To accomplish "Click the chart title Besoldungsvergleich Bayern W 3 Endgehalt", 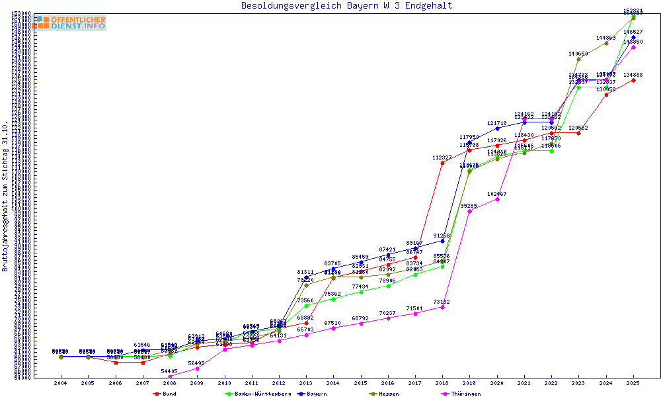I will pyautogui.click(x=347, y=6).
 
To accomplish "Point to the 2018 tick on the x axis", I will pyautogui.click(x=442, y=383).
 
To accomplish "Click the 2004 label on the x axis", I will pyautogui.click(x=61, y=383).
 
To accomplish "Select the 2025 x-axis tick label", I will pyautogui.click(x=633, y=383).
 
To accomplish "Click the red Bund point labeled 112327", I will pyautogui.click(x=442, y=163).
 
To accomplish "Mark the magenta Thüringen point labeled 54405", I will pyautogui.click(x=170, y=376).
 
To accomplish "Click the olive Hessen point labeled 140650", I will pyautogui.click(x=578, y=59).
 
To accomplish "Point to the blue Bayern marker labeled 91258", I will pyautogui.click(x=442, y=241).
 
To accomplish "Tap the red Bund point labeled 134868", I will pyautogui.click(x=633, y=80).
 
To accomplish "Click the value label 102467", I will pyautogui.click(x=496, y=194).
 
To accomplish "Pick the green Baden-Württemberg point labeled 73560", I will pyautogui.click(x=306, y=306).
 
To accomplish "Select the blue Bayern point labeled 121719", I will pyautogui.click(x=497, y=128).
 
